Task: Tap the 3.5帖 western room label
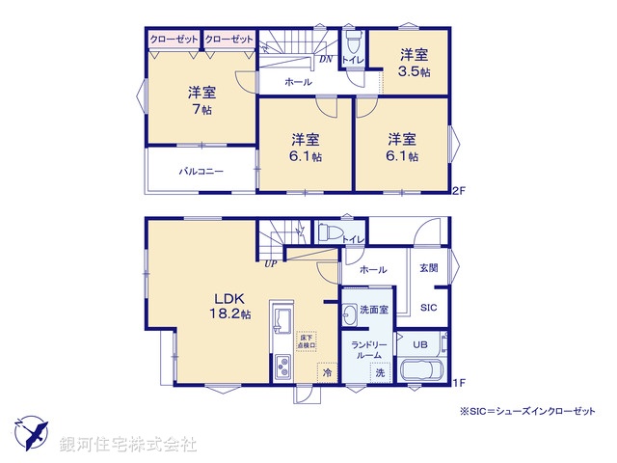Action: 416,64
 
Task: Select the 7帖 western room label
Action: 201,100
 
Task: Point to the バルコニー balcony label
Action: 201,170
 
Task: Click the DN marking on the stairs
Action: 327,58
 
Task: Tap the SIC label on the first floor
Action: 430,308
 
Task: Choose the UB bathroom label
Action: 420,344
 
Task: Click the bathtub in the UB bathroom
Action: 420,371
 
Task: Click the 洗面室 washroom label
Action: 373,310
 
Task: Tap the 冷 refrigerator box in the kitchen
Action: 328,372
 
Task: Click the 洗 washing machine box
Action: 380,372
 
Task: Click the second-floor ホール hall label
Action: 298,83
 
